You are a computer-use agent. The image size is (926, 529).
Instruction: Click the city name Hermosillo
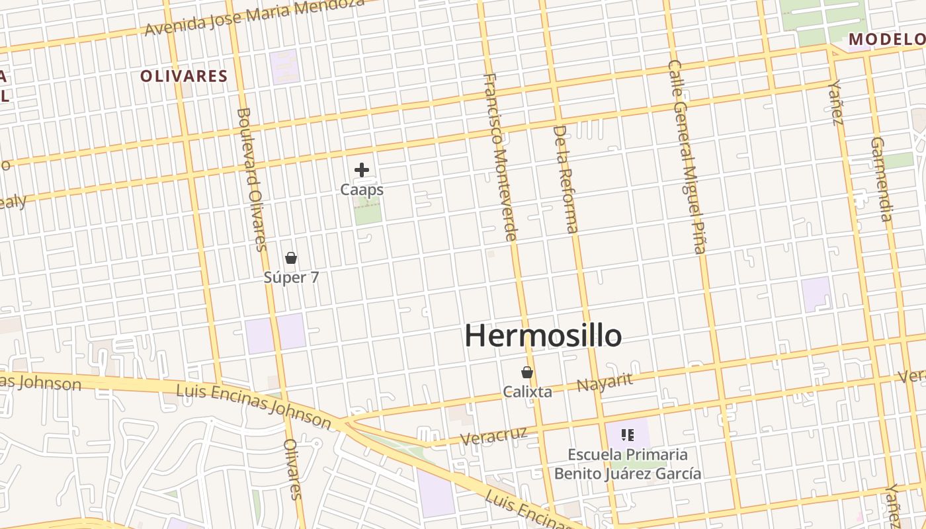pyautogui.click(x=543, y=336)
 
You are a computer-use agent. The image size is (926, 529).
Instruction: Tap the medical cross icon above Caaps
pyautogui.click(x=362, y=170)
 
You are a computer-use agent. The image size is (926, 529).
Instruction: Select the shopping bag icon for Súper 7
pyautogui.click(x=291, y=258)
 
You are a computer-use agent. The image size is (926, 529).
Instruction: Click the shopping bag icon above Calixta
pyautogui.click(x=527, y=372)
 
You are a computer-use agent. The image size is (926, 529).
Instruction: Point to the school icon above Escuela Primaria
pyautogui.click(x=628, y=435)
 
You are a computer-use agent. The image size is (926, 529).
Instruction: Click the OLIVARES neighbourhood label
pyautogui.click(x=184, y=76)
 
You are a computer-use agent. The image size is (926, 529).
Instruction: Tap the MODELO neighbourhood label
pyautogui.click(x=886, y=39)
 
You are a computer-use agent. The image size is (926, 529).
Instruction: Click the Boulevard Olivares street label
pyautogui.click(x=251, y=179)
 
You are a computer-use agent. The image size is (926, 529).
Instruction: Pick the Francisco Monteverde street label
pyautogui.click(x=500, y=157)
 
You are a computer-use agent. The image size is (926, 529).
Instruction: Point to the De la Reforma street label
pyautogui.click(x=566, y=179)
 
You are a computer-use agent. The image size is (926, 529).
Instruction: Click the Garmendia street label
pyautogui.click(x=882, y=179)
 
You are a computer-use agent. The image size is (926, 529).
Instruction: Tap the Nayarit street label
pyautogui.click(x=605, y=382)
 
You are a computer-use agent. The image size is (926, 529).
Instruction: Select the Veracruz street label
pyautogui.click(x=494, y=436)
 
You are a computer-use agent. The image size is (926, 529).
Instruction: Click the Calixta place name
pyautogui.click(x=527, y=391)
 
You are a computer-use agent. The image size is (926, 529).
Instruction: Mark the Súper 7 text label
pyautogui.click(x=291, y=277)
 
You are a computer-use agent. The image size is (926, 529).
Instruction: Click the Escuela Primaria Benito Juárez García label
pyautogui.click(x=628, y=464)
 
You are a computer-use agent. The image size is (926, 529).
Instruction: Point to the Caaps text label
pyautogui.click(x=362, y=190)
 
